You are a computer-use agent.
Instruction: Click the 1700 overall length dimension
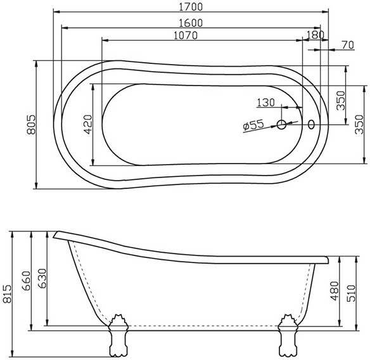pos(191,6)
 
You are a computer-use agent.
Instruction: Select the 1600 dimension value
pos(191,23)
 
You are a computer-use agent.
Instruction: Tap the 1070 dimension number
pos(186,35)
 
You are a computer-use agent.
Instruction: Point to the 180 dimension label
pos(316,35)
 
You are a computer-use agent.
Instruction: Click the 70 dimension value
pos(348,45)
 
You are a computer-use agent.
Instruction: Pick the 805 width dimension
pos(31,124)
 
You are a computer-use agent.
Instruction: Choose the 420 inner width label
pos(88,124)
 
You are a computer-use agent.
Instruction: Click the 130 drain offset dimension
pos(265,103)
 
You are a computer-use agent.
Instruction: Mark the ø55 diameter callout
pos(253,125)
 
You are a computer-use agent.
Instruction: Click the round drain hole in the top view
pos(281,124)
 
